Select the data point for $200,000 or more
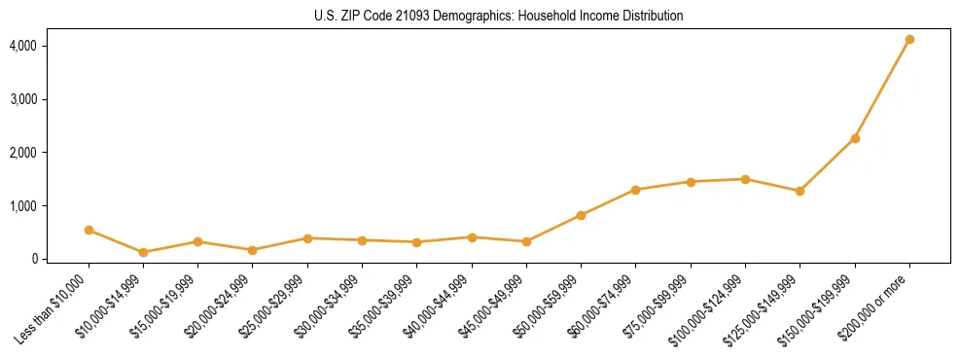(x=909, y=40)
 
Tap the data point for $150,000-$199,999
(x=855, y=138)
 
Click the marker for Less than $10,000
(x=89, y=231)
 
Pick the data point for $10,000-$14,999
(x=143, y=252)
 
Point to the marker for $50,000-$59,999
(x=581, y=215)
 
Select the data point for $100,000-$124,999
(x=745, y=179)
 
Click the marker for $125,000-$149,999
(x=800, y=191)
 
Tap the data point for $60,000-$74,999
(x=635, y=190)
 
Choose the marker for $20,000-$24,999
(x=253, y=250)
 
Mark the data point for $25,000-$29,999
(x=307, y=238)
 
